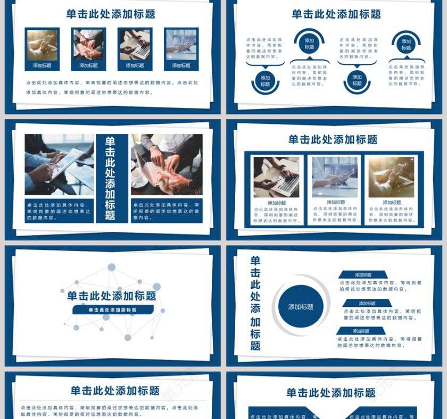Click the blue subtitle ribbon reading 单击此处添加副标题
[x=113, y=309]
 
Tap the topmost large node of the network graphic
[x=112, y=267]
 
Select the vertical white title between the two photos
[x=111, y=178]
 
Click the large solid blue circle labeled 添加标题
[x=301, y=306]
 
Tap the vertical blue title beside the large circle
[x=255, y=303]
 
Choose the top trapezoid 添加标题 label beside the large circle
[x=363, y=275]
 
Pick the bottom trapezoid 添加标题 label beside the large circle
[x=361, y=331]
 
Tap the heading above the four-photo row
[x=111, y=14]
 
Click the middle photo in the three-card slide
[x=335, y=177]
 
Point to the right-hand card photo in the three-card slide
[x=391, y=177]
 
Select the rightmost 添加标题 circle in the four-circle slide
[x=406, y=44]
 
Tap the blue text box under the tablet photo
[x=59, y=211]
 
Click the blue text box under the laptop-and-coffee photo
[x=166, y=211]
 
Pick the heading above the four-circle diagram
[x=336, y=14]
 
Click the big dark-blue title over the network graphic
[x=112, y=296]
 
